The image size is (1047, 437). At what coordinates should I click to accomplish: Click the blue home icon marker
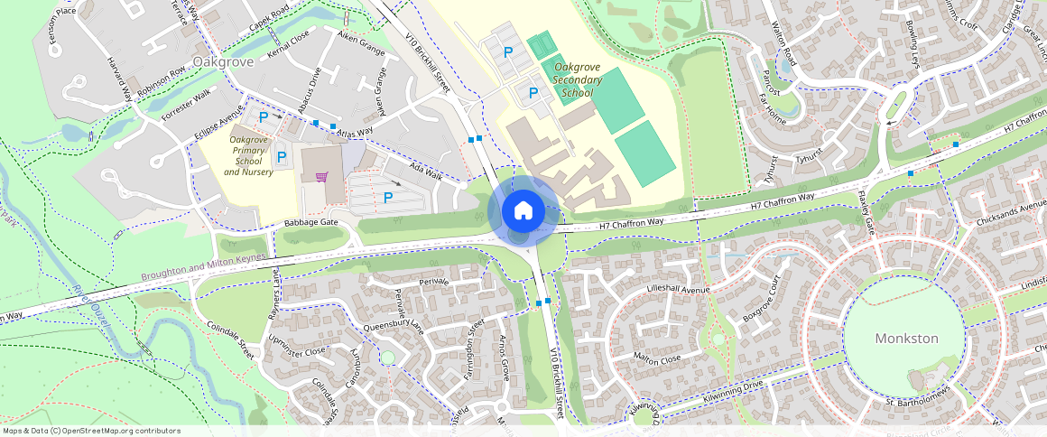point(523,211)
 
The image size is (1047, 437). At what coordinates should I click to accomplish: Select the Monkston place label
point(906,339)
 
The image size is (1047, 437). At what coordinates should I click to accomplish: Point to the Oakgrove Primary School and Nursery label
point(248,155)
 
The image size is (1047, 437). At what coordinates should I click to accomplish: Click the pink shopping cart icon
point(320,176)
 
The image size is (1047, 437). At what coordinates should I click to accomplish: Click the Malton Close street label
point(657,358)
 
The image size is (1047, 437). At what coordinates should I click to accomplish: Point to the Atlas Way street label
point(354,132)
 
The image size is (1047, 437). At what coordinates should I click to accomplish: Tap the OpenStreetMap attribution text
point(91,431)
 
